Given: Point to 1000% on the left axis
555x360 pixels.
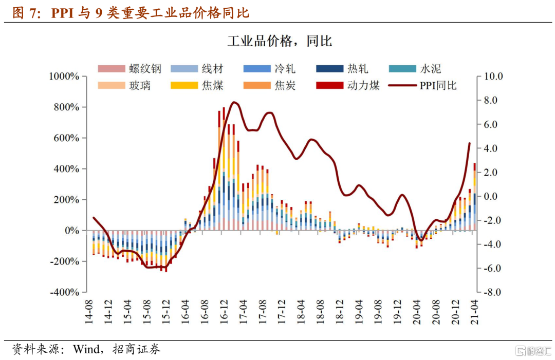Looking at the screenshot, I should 64,77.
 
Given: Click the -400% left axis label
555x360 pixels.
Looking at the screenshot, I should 64,292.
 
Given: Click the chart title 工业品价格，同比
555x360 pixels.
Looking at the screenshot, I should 280,42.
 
